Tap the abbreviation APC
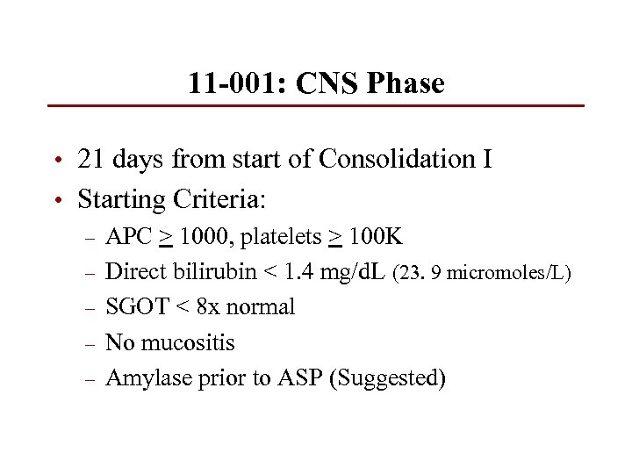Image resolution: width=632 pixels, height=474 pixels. [x=128, y=237]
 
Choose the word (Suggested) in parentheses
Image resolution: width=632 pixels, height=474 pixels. [x=387, y=378]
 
